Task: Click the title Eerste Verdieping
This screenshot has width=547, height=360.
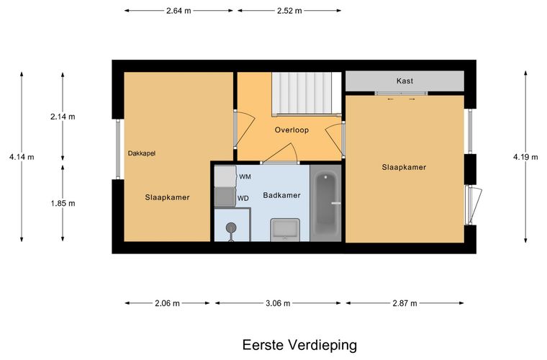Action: (x=299, y=345)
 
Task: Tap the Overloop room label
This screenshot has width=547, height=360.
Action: (x=291, y=130)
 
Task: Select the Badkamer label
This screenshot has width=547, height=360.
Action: (x=281, y=195)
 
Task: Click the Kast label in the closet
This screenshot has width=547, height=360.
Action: (x=404, y=81)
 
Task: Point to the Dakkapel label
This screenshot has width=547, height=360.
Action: (x=142, y=153)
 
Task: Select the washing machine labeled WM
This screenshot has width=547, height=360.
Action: (x=225, y=176)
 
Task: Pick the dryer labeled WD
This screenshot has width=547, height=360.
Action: (x=225, y=197)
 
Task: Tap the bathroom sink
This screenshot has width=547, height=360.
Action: (x=285, y=230)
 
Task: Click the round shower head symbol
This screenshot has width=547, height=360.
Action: (x=231, y=228)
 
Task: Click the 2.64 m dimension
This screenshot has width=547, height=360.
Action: (x=178, y=11)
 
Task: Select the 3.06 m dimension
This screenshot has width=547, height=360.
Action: (x=277, y=303)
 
